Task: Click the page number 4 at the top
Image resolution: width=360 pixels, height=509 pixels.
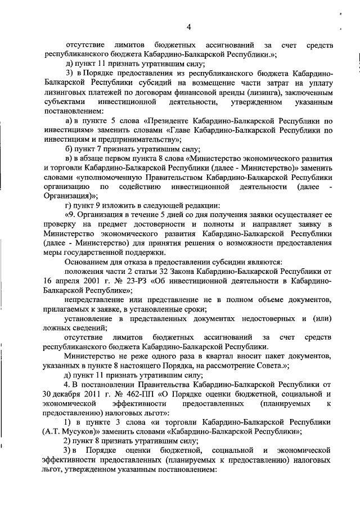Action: [188, 26]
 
